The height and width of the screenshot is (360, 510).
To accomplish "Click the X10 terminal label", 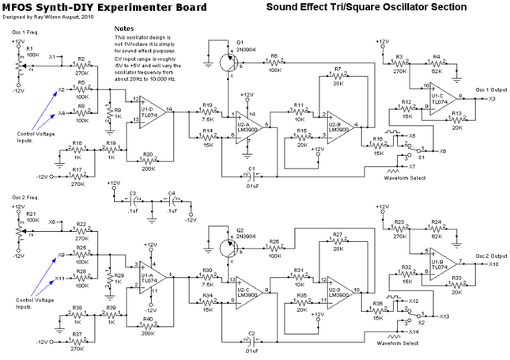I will [493, 263].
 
